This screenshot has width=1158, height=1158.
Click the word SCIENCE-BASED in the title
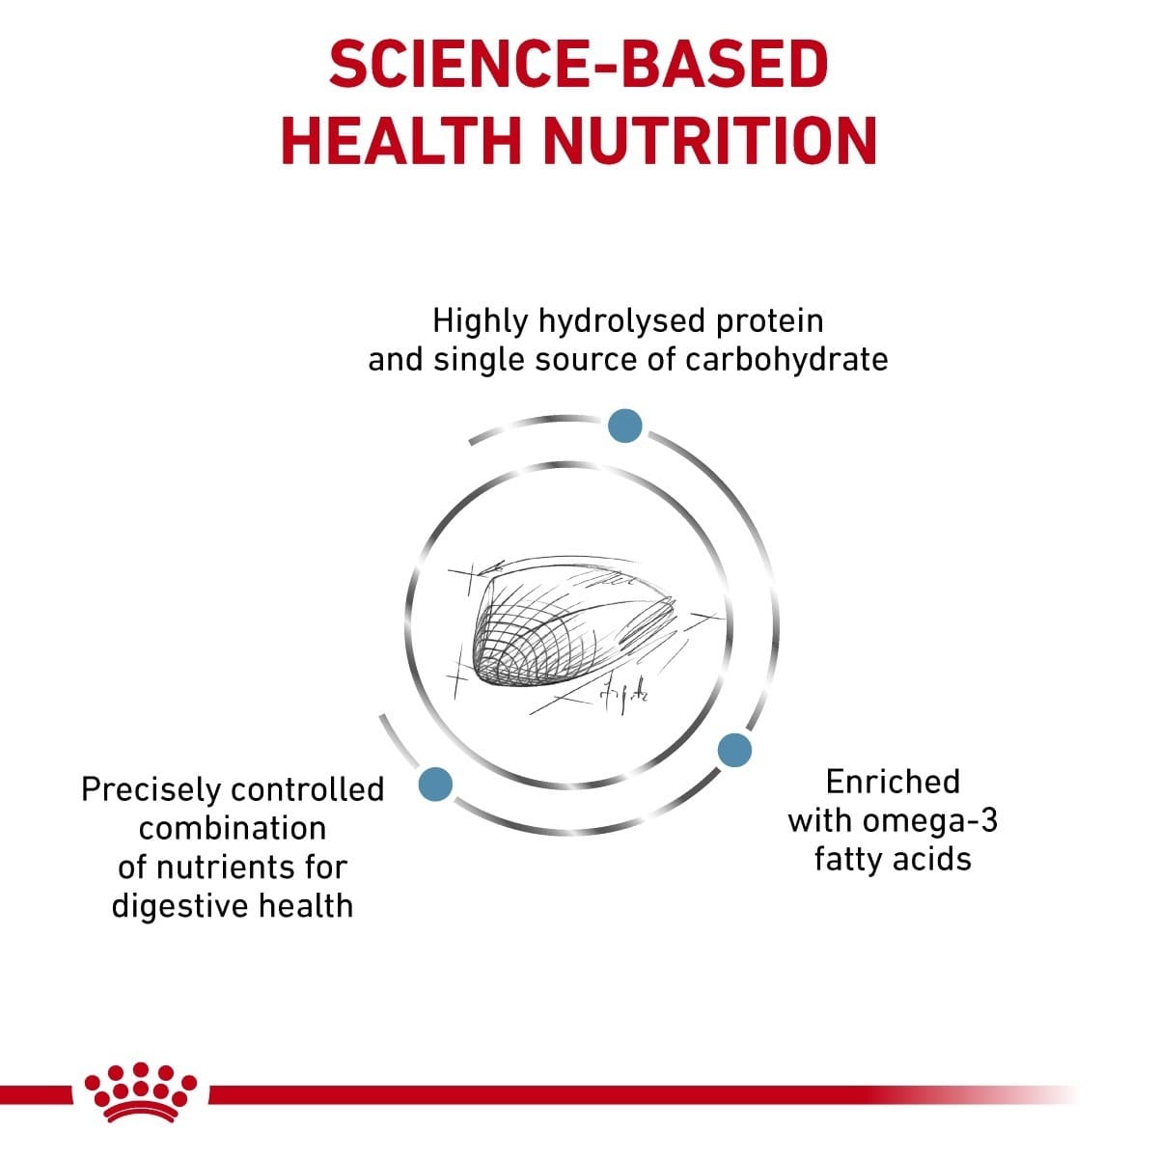(578, 66)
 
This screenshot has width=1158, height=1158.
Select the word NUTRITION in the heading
(710, 140)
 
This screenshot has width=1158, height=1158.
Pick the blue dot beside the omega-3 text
(734, 750)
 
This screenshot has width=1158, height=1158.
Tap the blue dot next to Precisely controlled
(435, 784)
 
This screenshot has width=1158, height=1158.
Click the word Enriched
(893, 782)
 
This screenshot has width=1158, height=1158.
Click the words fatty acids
(893, 859)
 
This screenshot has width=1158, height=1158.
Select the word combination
(233, 828)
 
